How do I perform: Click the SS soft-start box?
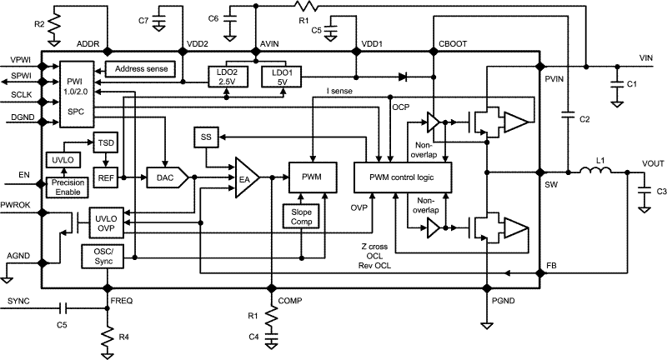[x=205, y=136]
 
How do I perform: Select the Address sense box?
[x=140, y=68]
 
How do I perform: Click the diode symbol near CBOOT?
[x=403, y=77]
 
